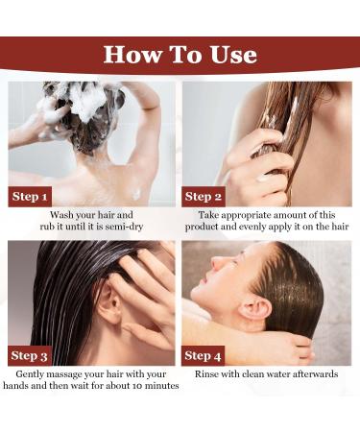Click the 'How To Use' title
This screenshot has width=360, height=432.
(180, 55)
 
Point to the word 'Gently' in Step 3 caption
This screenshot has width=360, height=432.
(34, 373)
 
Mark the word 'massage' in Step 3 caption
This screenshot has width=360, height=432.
(80, 373)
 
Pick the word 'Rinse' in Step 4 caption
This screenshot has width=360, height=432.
(209, 373)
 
